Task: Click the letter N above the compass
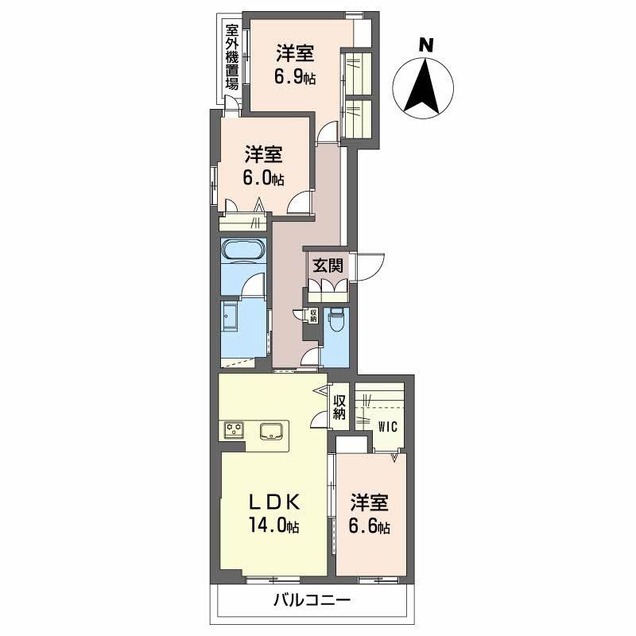tap(427, 45)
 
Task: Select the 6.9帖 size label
tap(295, 78)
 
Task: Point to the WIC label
tap(387, 424)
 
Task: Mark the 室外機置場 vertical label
tap(232, 58)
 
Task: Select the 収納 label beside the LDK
tap(339, 406)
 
